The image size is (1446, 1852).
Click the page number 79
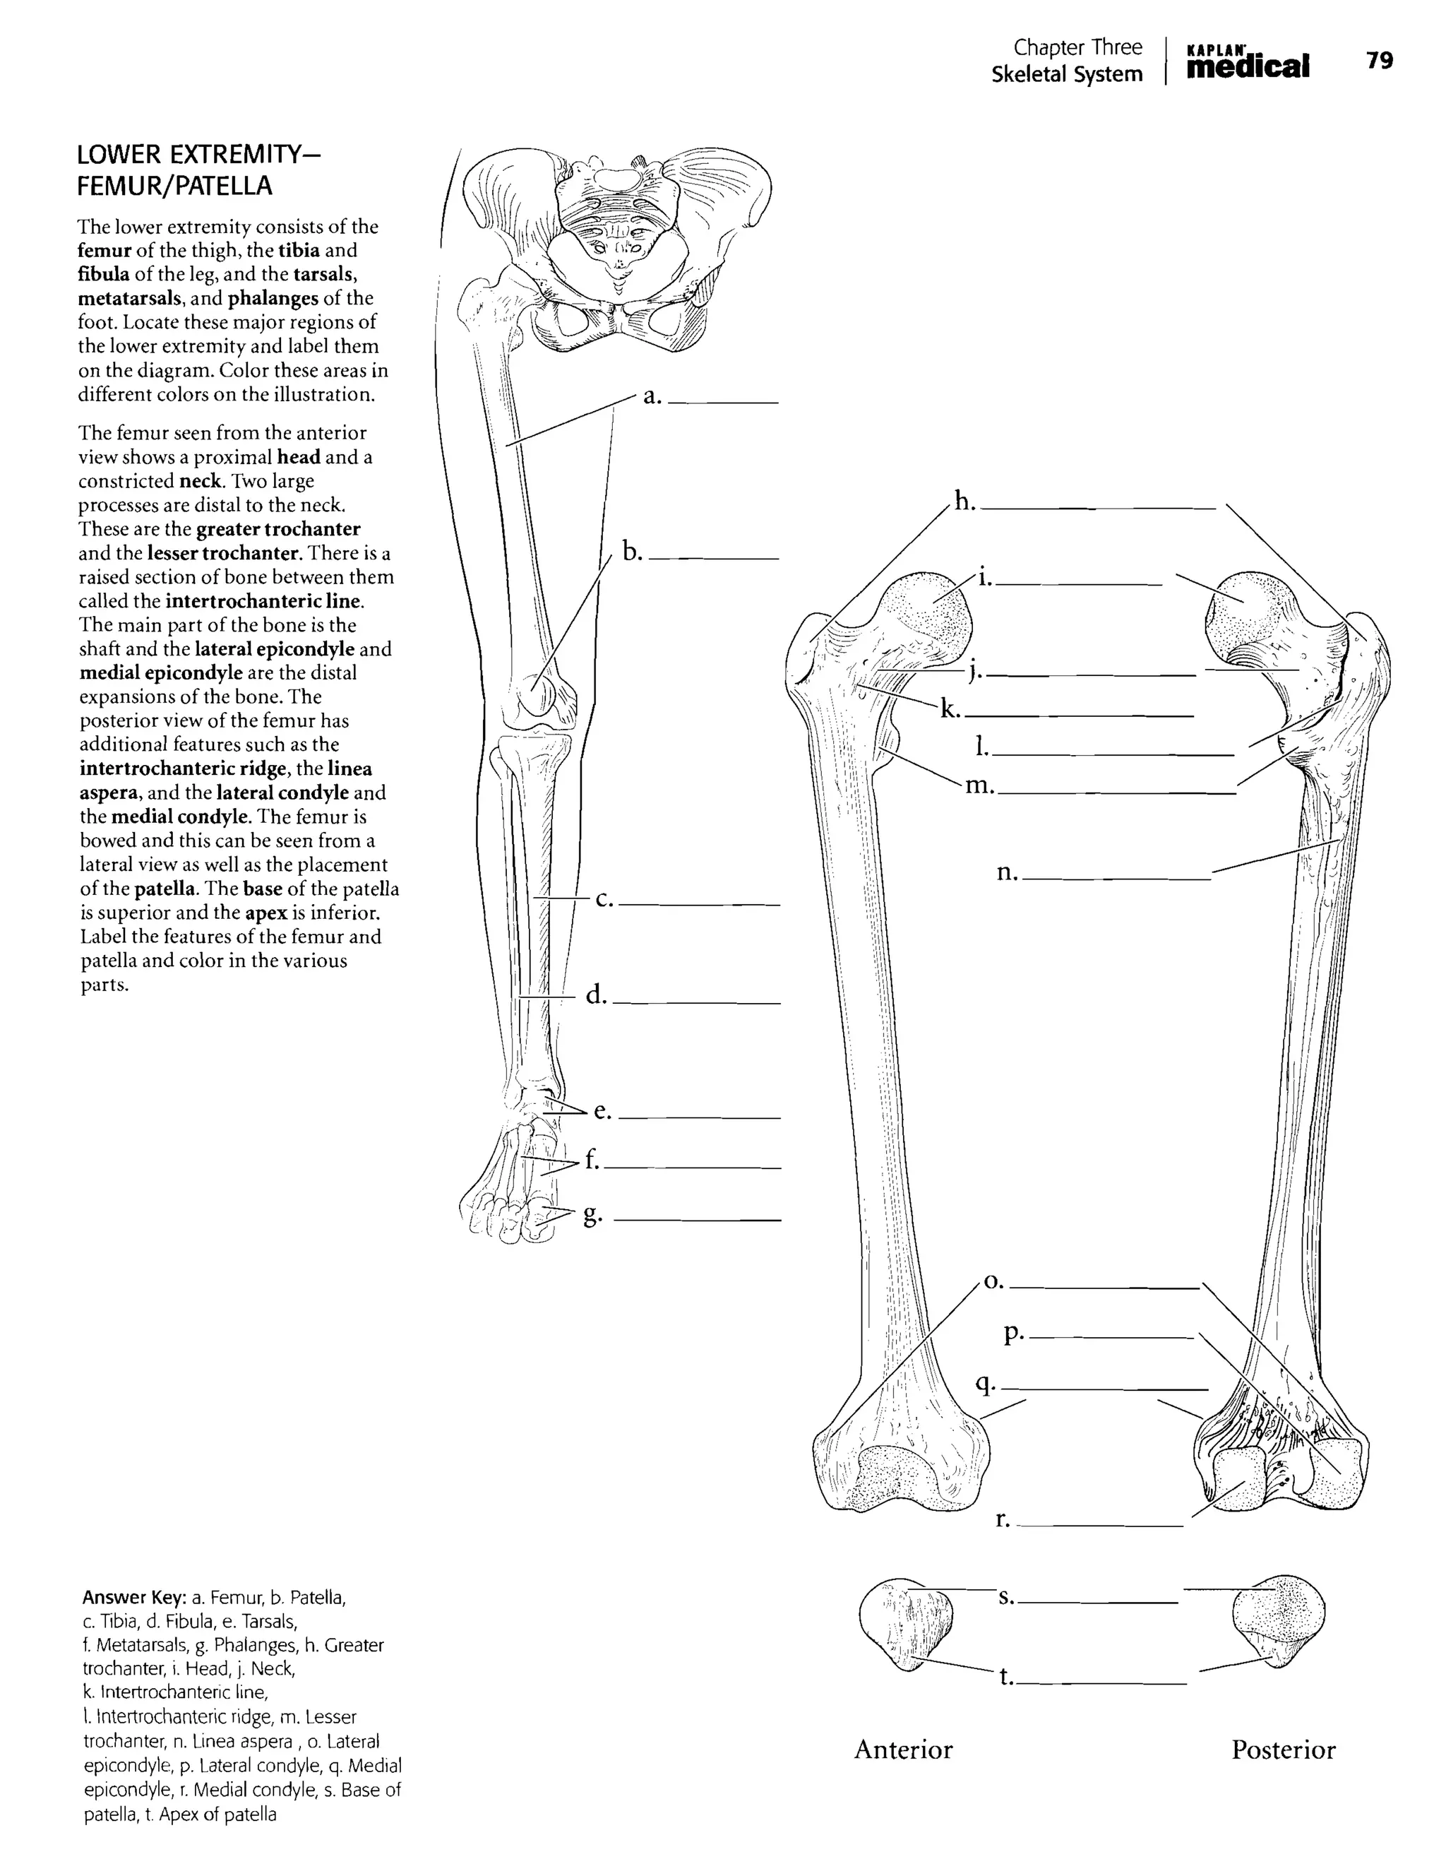(1379, 61)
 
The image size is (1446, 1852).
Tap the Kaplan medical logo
(1247, 61)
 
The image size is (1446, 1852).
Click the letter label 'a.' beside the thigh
(651, 396)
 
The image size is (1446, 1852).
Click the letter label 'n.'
(1007, 872)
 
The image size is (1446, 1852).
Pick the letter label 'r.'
(1003, 1519)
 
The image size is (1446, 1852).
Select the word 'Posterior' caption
(1284, 1750)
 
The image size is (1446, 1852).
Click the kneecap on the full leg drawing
(536, 695)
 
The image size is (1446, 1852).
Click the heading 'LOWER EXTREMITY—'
(200, 156)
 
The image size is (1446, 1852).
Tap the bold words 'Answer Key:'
(134, 1598)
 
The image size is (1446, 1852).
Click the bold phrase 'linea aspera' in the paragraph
(225, 781)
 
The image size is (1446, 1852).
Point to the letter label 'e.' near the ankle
(602, 1111)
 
